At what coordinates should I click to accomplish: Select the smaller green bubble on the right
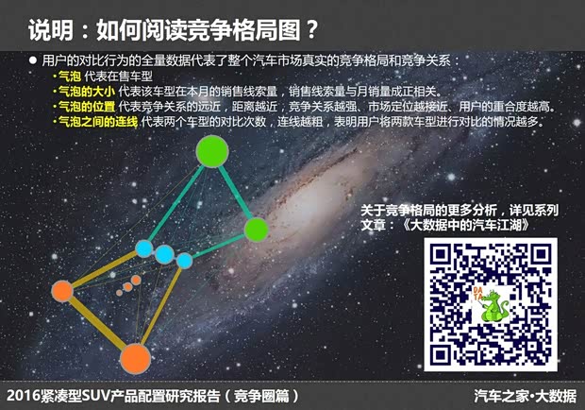click(x=256, y=229)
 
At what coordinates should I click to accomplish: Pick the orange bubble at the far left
click(x=62, y=289)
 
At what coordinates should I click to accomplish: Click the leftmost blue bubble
click(x=144, y=248)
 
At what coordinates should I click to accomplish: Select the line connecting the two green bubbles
click(x=235, y=191)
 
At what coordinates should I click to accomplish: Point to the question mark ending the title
click(x=309, y=29)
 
